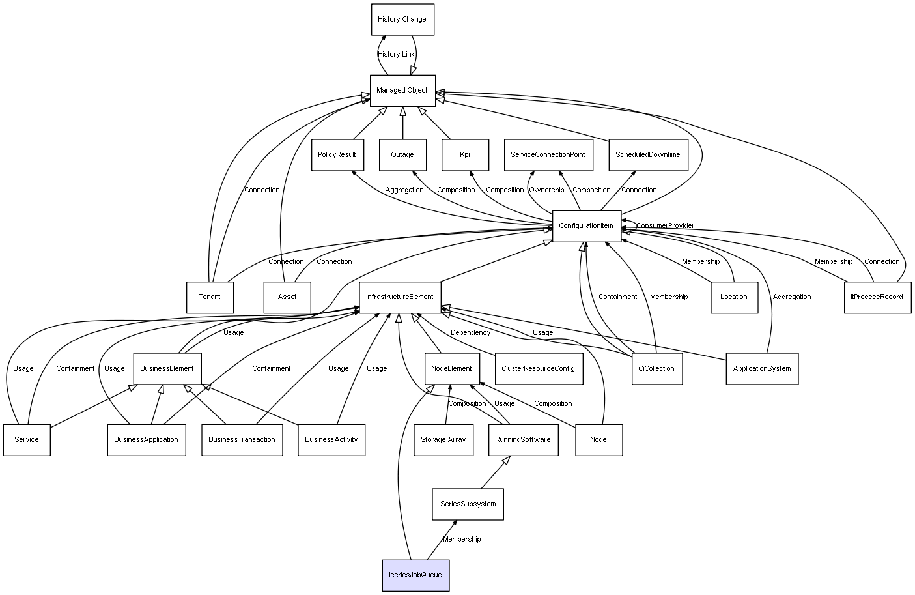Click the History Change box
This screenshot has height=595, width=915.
click(x=402, y=20)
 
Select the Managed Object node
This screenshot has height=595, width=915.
click(x=402, y=91)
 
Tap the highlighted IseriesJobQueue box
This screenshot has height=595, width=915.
click(x=415, y=575)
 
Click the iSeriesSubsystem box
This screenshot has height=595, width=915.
click(x=468, y=504)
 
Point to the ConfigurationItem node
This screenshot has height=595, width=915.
click(x=586, y=226)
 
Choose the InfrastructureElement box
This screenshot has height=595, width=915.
click(x=400, y=297)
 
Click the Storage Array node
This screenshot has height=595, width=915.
click(x=443, y=440)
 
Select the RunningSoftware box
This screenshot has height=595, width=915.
click(x=523, y=440)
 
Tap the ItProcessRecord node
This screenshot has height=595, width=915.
click(x=877, y=297)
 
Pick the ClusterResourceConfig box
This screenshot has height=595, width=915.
click(x=538, y=369)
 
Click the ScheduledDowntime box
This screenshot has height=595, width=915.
click(x=648, y=155)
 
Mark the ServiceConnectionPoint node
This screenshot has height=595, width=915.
click(x=548, y=155)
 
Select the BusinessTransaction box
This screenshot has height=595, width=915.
click(x=242, y=440)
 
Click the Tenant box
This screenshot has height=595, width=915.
click(x=210, y=297)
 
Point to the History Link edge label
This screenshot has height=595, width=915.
click(x=396, y=55)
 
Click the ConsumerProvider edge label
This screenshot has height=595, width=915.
click(x=665, y=226)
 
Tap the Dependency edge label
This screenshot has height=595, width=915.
click(x=470, y=333)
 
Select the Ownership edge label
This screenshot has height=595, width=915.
click(x=546, y=190)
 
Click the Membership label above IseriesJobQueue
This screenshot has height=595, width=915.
click(x=462, y=540)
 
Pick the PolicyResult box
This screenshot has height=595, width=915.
click(x=337, y=155)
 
